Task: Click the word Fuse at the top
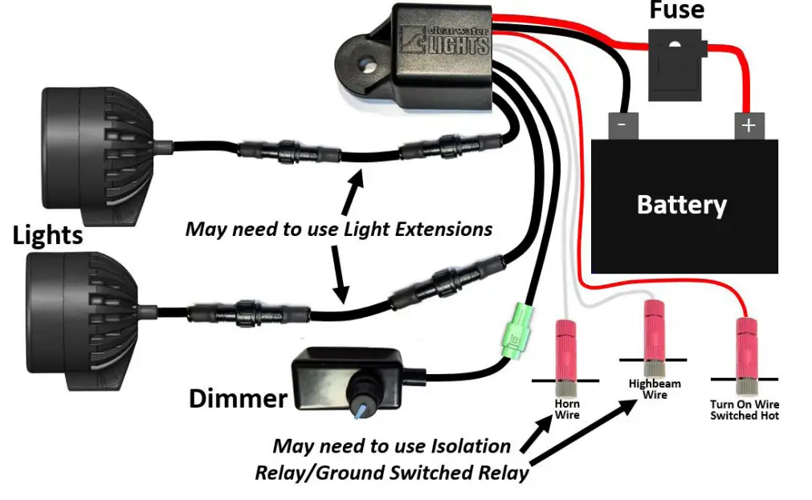pyautogui.click(x=676, y=10)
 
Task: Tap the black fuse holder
pyautogui.click(x=676, y=70)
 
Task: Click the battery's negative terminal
pyautogui.click(x=622, y=125)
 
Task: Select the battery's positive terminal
pyautogui.click(x=748, y=125)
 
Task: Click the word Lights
pyautogui.click(x=47, y=235)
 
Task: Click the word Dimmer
pyautogui.click(x=238, y=398)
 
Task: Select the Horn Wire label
pyautogui.click(x=567, y=409)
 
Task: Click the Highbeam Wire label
pyautogui.click(x=655, y=389)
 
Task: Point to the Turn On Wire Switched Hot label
pyautogui.click(x=745, y=410)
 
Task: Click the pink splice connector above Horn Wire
pyautogui.click(x=567, y=349)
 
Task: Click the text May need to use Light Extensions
pyautogui.click(x=338, y=230)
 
